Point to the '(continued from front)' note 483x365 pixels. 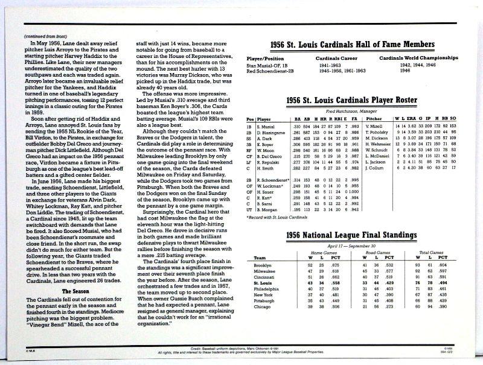tap(45, 36)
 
